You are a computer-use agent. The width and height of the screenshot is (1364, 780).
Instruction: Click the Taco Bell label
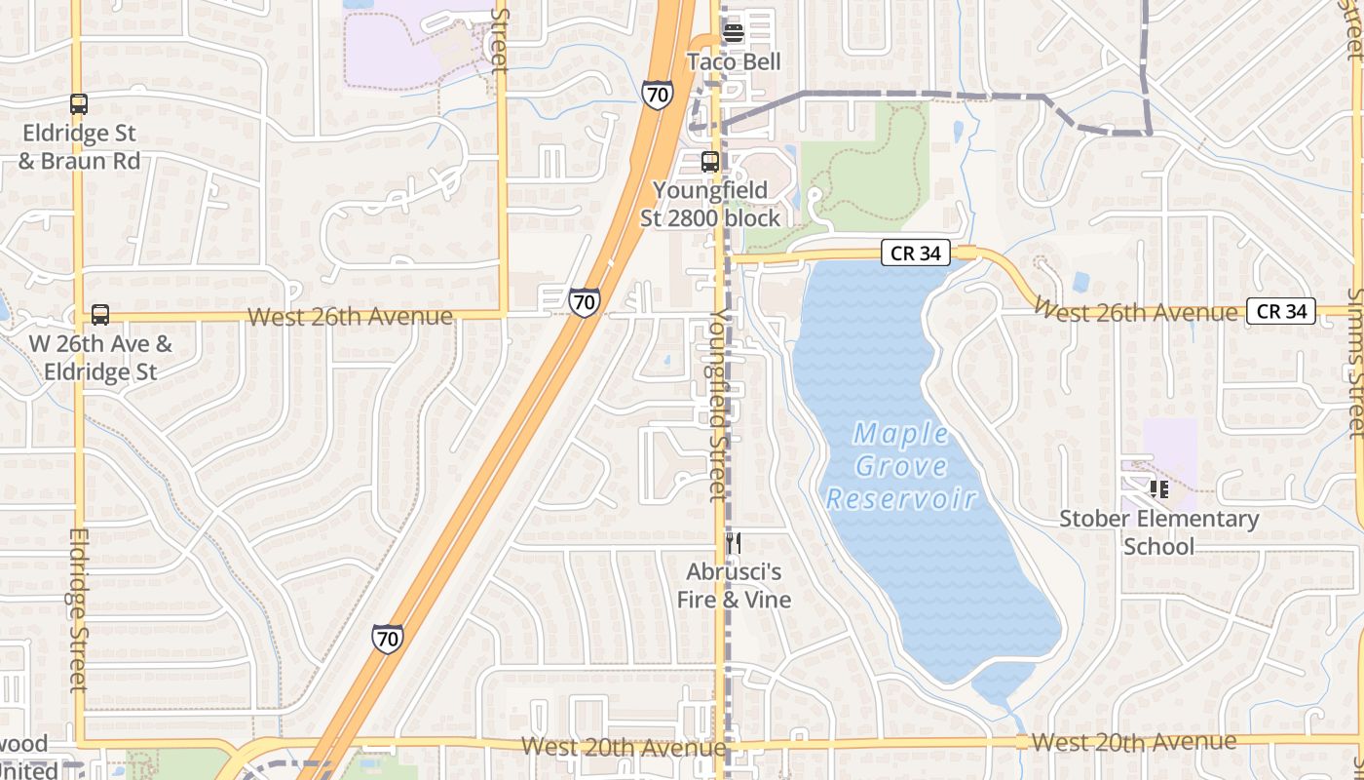734,62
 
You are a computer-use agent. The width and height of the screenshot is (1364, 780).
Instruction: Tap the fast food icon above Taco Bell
734,32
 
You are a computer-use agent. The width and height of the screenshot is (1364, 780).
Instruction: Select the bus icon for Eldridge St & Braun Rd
79,104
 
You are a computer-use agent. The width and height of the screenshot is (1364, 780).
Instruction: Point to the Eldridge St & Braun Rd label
79,146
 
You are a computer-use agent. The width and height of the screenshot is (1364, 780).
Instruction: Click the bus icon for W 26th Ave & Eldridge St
100,315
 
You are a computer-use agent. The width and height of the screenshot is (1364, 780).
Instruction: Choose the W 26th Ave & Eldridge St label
100,358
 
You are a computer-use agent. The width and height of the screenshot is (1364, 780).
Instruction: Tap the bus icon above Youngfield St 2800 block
710,162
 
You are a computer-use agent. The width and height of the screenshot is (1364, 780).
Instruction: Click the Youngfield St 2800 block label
710,204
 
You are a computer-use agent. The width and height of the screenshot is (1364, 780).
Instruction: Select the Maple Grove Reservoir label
901,466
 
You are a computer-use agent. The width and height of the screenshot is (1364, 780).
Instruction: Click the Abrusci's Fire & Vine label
734,585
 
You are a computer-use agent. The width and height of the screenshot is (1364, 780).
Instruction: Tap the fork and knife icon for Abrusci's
734,543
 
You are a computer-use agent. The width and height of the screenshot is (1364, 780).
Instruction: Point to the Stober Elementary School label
1159,532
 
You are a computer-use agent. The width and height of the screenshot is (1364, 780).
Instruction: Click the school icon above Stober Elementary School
1159,488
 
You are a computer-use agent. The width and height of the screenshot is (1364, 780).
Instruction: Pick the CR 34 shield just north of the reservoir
916,253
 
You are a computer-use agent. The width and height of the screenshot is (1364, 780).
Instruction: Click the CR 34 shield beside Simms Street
1281,312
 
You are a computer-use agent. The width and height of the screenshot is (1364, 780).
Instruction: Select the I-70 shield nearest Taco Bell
658,95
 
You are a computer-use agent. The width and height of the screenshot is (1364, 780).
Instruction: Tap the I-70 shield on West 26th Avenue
584,302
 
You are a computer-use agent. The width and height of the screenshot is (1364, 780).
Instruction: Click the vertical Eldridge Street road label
79,609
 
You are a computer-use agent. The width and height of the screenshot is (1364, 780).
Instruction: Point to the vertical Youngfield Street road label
719,405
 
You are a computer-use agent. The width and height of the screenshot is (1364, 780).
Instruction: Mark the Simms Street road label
1355,361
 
